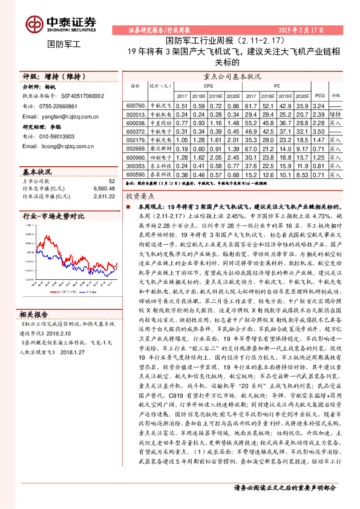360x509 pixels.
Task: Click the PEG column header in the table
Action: point(320,96)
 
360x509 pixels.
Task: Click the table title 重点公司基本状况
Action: point(233,76)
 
